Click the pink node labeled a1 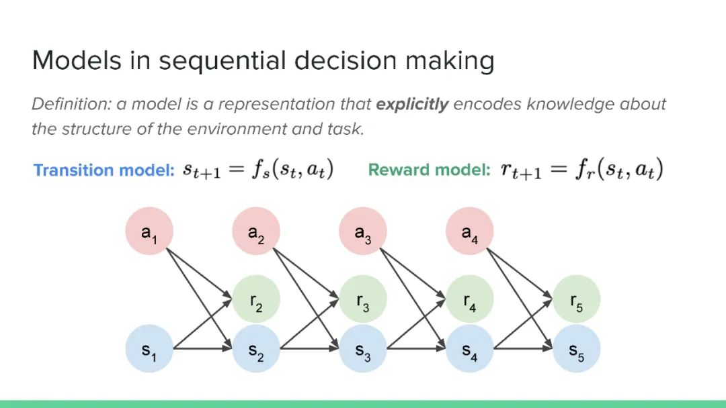click(x=149, y=231)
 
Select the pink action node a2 click(x=256, y=231)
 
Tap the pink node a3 click(x=363, y=231)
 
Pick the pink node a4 click(x=470, y=231)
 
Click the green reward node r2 click(x=256, y=299)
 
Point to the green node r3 click(x=363, y=299)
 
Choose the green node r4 click(x=470, y=299)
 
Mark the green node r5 click(x=577, y=299)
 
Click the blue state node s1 click(x=149, y=349)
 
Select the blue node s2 click(x=256, y=349)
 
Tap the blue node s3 click(x=363, y=349)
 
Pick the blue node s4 click(x=470, y=349)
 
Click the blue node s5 click(x=577, y=349)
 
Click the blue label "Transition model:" click(x=104, y=170)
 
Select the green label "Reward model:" click(x=429, y=170)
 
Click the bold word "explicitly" click(x=412, y=105)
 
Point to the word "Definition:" click(x=71, y=105)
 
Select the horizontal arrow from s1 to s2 click(x=202, y=349)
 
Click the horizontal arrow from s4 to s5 click(x=523, y=349)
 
